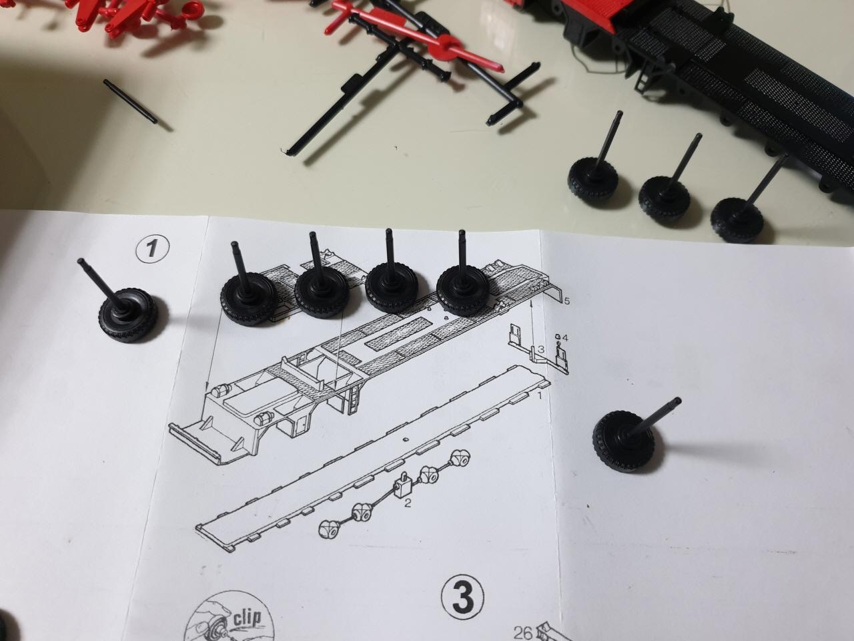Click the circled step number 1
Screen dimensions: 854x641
click(152, 248)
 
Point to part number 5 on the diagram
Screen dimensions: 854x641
click(567, 301)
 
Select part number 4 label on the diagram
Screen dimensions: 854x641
click(564, 337)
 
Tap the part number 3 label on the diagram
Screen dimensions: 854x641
click(541, 349)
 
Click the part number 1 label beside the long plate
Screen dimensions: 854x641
click(539, 396)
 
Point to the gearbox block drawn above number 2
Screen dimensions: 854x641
click(403, 485)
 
